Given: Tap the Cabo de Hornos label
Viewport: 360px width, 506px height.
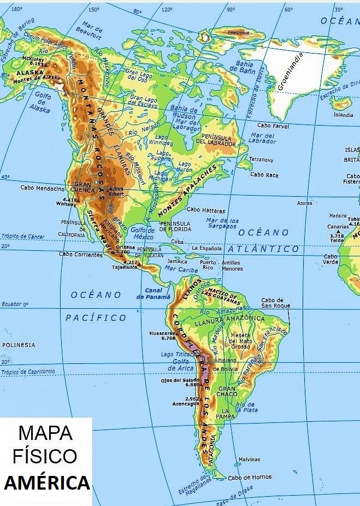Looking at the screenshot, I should [x=250, y=477].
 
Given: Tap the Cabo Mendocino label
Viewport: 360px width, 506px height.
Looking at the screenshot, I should [x=42, y=188].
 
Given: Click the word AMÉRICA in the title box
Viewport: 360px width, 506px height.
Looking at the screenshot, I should [x=47, y=483].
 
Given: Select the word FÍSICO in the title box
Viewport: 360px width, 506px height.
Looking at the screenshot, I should [x=45, y=457].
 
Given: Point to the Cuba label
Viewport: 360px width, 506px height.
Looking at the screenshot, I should [x=178, y=242].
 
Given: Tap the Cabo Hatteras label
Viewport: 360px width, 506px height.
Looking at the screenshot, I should [x=206, y=210].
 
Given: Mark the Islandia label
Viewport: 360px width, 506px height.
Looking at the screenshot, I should [x=344, y=115].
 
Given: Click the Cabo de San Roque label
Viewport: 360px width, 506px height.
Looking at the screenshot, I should [x=275, y=303].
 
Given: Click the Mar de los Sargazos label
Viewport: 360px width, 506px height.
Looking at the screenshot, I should [x=222, y=223].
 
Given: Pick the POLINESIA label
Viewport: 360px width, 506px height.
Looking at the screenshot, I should [x=19, y=345].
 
